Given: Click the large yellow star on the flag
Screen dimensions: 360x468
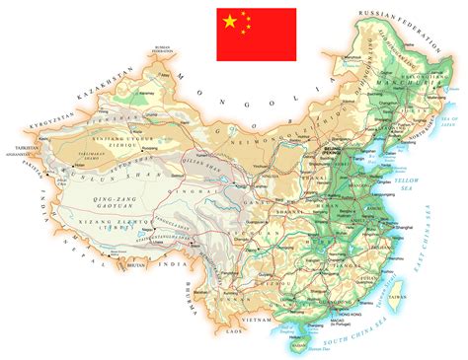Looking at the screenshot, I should click(x=230, y=21).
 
